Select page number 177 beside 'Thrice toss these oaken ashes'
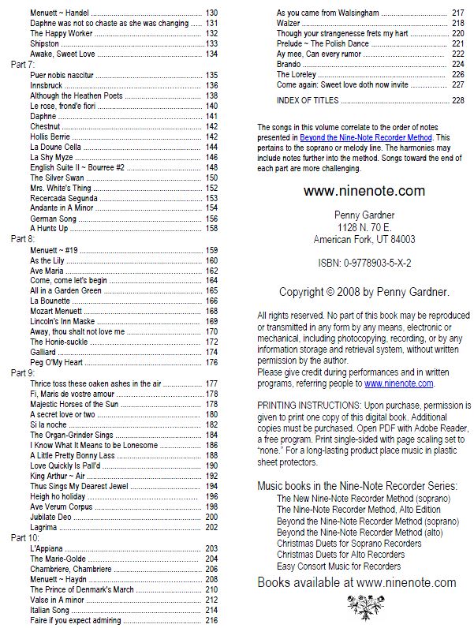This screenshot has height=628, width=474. click(x=211, y=383)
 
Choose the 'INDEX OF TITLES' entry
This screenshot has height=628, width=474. click(x=307, y=100)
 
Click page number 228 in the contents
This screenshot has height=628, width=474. click(x=457, y=100)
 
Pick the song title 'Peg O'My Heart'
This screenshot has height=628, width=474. click(x=57, y=362)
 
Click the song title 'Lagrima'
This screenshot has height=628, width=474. click(x=44, y=527)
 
